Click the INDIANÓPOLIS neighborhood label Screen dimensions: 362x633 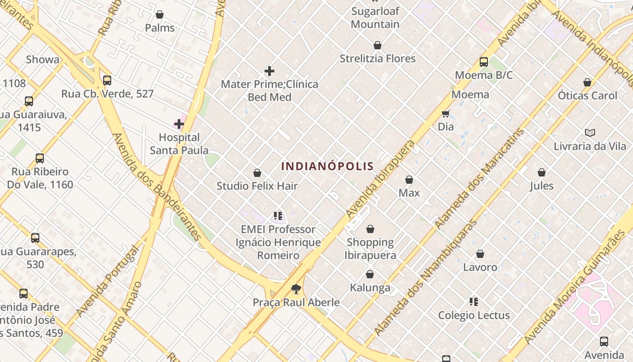point(327,166)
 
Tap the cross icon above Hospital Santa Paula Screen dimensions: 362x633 point(179,124)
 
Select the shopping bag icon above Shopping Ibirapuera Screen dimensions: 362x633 point(370,229)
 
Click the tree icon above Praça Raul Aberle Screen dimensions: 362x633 point(296,289)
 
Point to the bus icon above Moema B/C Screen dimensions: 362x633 point(484,62)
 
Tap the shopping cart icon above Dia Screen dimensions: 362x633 point(446,114)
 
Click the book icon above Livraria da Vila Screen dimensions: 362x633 point(590,133)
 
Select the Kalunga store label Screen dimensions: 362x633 point(370,287)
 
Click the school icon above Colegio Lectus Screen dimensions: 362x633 point(474,302)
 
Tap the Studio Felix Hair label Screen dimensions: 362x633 point(257,186)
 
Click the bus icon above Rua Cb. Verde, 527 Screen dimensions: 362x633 point(107,81)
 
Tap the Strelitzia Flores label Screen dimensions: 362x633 point(378,58)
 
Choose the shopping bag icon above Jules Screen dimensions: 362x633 point(542,172)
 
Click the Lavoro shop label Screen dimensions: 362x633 point(480,267)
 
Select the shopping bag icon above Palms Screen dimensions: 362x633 point(159,15)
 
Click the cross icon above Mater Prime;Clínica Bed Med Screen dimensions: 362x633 point(269,71)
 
